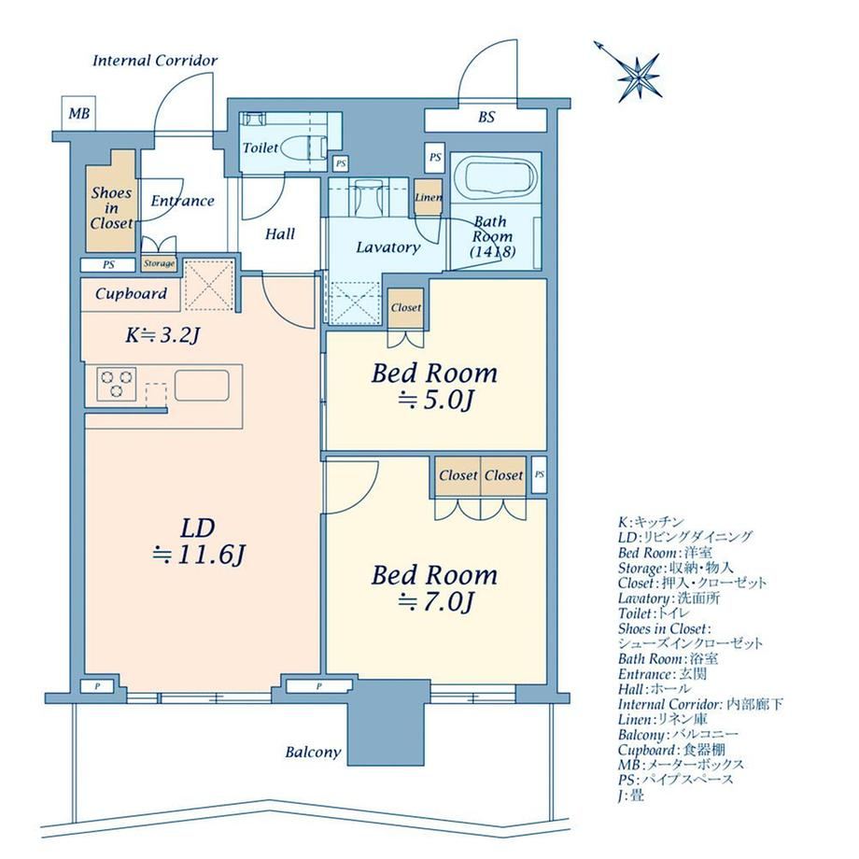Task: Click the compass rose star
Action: coord(640,77)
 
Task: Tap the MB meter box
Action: coord(78,114)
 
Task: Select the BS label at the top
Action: coord(486,117)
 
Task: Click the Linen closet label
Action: coord(428,197)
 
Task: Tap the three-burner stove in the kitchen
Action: coord(117,384)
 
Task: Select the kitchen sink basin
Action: coord(202,386)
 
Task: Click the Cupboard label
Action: coord(131,293)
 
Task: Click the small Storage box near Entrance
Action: coord(159,263)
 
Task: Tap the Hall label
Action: coord(280,234)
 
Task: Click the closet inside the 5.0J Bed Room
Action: coord(406,308)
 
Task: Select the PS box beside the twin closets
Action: coord(539,474)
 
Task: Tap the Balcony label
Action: coord(313,753)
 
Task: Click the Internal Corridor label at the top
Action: coord(155,61)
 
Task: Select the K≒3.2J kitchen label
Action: coord(161,334)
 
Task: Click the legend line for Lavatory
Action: coord(669,598)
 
